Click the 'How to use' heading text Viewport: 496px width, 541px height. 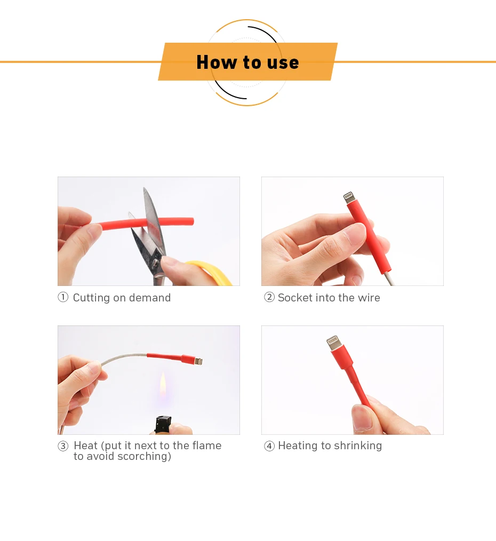coord(247,62)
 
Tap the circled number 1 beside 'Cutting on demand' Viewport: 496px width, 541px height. coord(63,298)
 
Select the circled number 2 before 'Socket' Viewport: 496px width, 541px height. coord(269,298)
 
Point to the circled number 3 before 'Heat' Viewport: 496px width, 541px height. coord(63,446)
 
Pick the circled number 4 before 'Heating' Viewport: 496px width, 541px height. coord(269,446)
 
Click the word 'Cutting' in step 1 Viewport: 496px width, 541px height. coord(91,298)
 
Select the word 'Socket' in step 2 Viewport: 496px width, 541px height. coord(295,298)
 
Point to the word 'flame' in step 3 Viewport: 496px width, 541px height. coord(207,445)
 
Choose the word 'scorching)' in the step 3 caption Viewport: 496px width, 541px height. coord(144,457)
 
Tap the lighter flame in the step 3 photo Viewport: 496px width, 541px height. coord(163,387)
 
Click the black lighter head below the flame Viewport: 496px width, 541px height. coord(162,424)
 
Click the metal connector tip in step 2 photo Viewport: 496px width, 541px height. coord(349,197)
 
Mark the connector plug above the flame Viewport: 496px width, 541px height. coord(198,361)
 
